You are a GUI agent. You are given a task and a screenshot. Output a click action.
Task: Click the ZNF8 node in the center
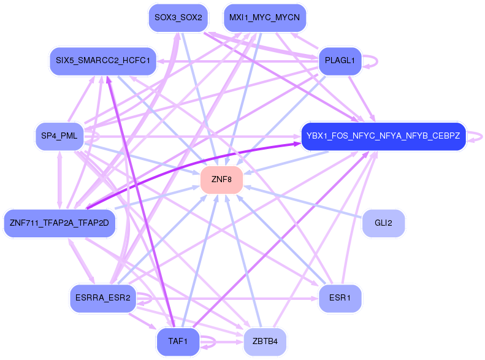coord(221,180)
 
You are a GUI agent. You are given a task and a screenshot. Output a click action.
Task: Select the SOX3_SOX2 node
coord(178,17)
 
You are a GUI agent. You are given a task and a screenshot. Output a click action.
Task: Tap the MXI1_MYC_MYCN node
coord(264,17)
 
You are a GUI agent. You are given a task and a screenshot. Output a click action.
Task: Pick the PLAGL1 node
coord(340,61)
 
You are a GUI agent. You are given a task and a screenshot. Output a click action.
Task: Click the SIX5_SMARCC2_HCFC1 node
coord(102,61)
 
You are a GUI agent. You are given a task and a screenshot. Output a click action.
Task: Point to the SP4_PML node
coord(59,136)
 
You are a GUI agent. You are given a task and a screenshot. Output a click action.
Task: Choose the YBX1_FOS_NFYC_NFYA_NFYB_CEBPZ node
coord(383,136)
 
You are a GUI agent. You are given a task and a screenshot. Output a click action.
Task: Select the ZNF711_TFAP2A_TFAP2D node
coord(59,223)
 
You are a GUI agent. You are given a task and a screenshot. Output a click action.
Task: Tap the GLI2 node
coord(383,223)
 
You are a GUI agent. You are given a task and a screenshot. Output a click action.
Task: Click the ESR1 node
coord(340,299)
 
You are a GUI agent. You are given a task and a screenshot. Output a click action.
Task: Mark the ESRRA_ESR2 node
coord(102,299)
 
